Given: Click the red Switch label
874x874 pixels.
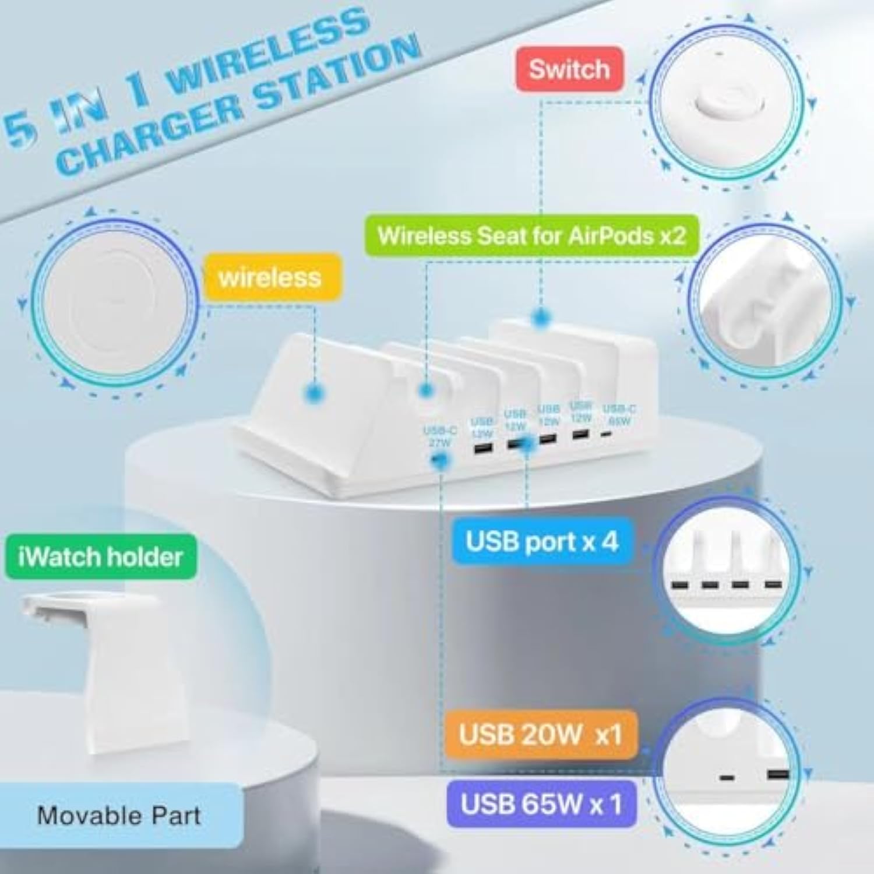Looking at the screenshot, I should point(569,69).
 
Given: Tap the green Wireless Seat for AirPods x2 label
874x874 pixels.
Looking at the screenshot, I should point(531,236).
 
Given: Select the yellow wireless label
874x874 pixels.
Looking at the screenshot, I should point(270,277).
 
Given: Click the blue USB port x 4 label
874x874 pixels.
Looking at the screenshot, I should point(541,542).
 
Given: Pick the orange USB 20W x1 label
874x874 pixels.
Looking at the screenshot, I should point(540,735).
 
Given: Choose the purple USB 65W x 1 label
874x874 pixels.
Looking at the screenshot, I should point(541,805).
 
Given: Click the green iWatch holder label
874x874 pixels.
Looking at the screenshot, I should point(101,557).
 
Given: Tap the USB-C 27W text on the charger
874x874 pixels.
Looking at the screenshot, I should point(440,436).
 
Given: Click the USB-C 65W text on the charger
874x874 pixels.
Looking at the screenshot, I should point(619,414).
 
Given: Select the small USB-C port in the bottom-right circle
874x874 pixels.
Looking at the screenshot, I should point(727,778).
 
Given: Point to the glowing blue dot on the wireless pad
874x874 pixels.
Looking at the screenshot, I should point(315,393).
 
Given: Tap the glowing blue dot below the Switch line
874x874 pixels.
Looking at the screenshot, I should point(541,318).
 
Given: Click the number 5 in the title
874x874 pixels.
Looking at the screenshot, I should point(20,131).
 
